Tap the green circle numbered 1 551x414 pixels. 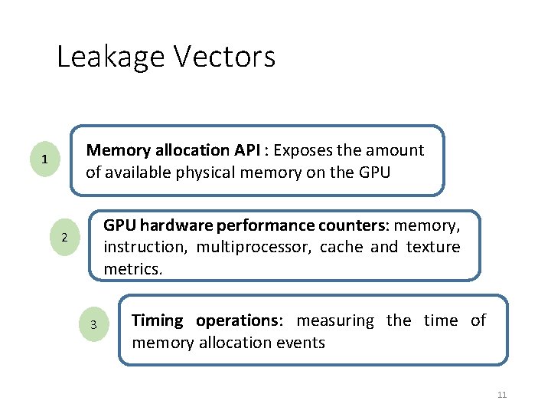click(45, 159)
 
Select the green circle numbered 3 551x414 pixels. click(93, 324)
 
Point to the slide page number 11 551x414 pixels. click(502, 395)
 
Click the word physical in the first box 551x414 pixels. click(201, 172)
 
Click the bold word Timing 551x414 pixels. click(158, 320)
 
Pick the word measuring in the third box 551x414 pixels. click(335, 320)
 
